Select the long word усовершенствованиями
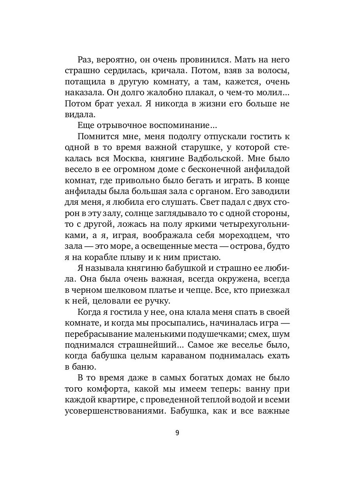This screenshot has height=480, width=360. click(114, 411)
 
